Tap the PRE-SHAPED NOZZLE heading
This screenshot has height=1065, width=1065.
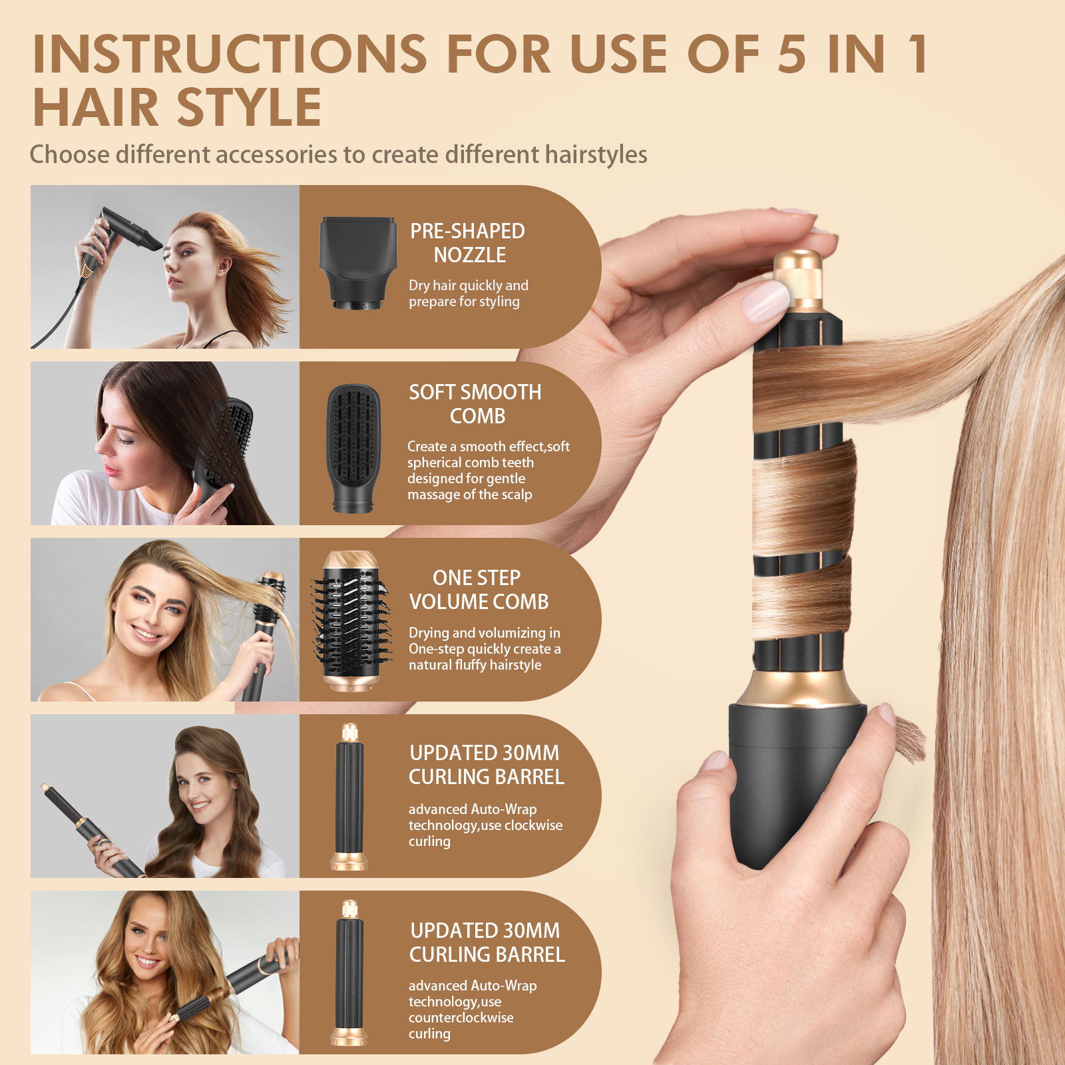pos(468,243)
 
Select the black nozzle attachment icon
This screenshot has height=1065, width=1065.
pos(357,263)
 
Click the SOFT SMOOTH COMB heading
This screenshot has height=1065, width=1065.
pos(475,404)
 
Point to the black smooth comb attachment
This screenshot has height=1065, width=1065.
pos(353,448)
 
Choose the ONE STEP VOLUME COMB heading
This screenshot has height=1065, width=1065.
pos(479,590)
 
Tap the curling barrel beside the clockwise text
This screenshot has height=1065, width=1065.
pos(349,797)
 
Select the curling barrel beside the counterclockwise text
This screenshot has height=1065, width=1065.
pos(349,973)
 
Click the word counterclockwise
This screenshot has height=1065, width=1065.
pos(461,1018)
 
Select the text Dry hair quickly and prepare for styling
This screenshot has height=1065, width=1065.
pos(469,294)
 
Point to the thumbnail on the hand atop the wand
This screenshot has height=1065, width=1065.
pos(765,301)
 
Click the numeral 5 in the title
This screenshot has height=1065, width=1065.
pos(791,53)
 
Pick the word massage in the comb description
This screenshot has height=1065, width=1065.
pos(430,495)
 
